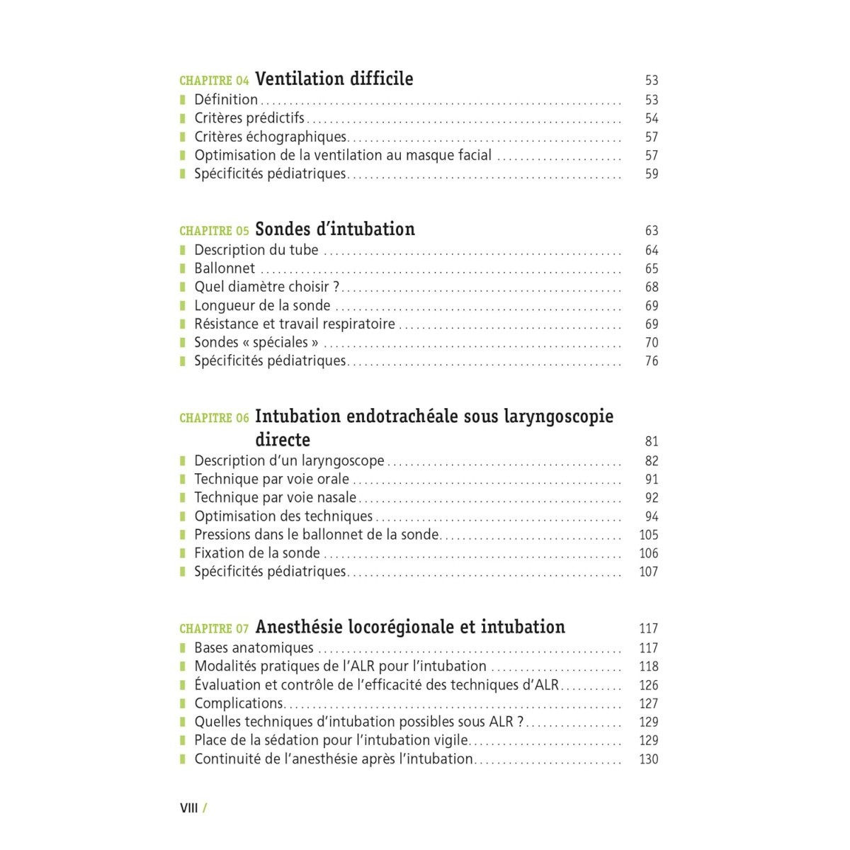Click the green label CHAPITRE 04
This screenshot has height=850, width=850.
pyautogui.click(x=214, y=81)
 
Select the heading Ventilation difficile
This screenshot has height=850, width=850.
pyautogui.click(x=334, y=79)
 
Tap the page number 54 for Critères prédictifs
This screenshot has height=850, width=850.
pyautogui.click(x=652, y=118)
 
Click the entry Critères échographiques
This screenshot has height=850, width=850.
pyautogui.click(x=271, y=137)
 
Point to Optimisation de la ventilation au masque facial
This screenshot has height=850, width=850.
pyautogui.click(x=343, y=155)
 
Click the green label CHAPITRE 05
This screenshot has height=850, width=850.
pyautogui.click(x=214, y=231)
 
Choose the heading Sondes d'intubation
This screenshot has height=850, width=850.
pyautogui.click(x=335, y=229)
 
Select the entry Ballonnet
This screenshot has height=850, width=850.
pyautogui.click(x=225, y=268)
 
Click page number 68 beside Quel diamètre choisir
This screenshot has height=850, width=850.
pyautogui.click(x=652, y=287)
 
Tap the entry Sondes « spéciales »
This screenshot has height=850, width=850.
pyautogui.click(x=256, y=342)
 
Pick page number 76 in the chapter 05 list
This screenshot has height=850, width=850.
pyautogui.click(x=652, y=361)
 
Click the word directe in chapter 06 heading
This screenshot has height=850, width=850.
pyautogui.click(x=283, y=440)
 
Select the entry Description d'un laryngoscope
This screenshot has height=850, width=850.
pyautogui.click(x=289, y=460)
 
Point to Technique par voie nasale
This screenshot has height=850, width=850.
pyautogui.click(x=276, y=497)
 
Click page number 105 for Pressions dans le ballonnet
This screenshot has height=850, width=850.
pyautogui.click(x=649, y=535)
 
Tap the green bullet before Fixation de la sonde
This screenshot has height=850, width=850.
pyautogui.click(x=183, y=553)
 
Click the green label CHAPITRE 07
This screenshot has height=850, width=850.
pyautogui.click(x=214, y=629)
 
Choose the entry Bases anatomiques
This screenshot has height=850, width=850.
pyautogui.click(x=254, y=647)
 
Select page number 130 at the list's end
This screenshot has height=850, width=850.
pyautogui.click(x=649, y=759)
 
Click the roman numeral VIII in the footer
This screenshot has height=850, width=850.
pyautogui.click(x=189, y=808)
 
